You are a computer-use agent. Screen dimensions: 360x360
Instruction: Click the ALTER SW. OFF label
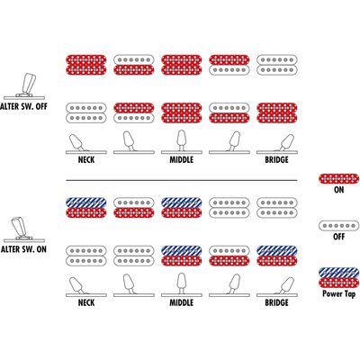pos(23,106)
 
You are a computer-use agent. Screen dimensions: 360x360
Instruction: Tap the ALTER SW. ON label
pos(23,249)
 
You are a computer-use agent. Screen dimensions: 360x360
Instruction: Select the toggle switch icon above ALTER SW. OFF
pos(24,86)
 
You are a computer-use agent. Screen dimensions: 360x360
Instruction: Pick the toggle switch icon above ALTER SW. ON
pos(24,229)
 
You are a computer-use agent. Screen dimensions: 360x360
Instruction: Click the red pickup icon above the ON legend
pos(338,178)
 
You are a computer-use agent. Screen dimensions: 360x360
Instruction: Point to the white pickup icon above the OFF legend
pos(338,226)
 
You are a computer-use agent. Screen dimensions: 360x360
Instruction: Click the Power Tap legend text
pos(338,293)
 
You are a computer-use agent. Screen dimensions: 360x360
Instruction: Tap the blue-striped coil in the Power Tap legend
pos(338,273)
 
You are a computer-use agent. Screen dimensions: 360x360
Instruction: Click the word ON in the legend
pos(338,190)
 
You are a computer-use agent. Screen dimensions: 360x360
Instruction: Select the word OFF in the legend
pos(338,237)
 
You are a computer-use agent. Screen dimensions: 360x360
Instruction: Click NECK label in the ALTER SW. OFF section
pos(86,159)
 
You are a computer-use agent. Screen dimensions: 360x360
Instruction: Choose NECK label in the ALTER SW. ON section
pos(86,302)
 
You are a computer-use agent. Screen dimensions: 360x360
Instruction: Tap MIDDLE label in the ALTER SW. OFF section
pos(182,159)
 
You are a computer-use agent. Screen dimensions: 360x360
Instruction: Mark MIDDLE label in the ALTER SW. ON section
pos(182,302)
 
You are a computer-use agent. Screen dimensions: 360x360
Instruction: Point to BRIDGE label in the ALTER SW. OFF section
pos(276,159)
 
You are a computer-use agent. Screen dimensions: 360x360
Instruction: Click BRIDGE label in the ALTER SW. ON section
pos(276,302)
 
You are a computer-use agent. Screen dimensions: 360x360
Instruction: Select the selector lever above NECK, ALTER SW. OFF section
pos(76,142)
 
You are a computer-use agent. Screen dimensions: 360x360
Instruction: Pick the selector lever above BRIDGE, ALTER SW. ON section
pos(286,285)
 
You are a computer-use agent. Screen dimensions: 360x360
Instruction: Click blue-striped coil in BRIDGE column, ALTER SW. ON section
pos(277,250)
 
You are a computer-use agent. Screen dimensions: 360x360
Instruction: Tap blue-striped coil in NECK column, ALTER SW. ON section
pos(86,202)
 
